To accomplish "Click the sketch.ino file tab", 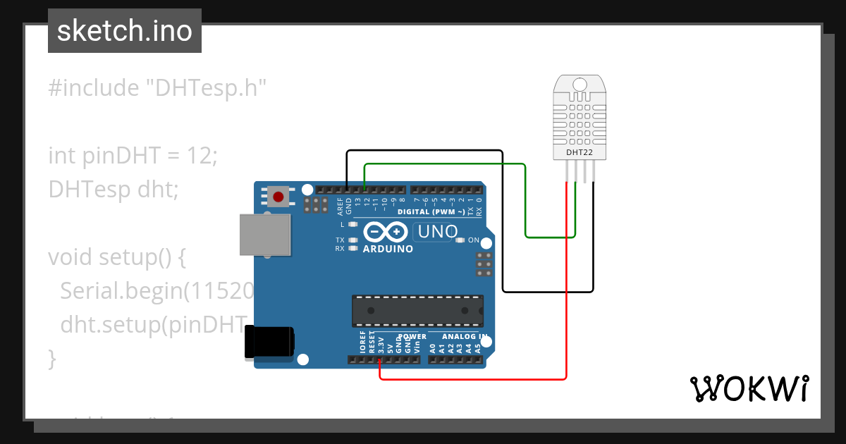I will click(125, 31).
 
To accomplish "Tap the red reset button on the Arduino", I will click(278, 197).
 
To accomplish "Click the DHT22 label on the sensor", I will click(579, 152).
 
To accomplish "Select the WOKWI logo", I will click(749, 388).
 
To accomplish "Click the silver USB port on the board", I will click(264, 235).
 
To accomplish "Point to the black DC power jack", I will click(268, 343).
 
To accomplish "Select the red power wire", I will click(567, 296).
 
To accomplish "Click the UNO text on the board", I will click(438, 231).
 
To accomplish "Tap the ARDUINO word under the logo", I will click(388, 249).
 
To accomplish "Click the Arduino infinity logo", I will click(386, 232).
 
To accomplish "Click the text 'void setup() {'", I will click(116, 257).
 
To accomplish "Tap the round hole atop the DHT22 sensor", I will click(579, 85).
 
